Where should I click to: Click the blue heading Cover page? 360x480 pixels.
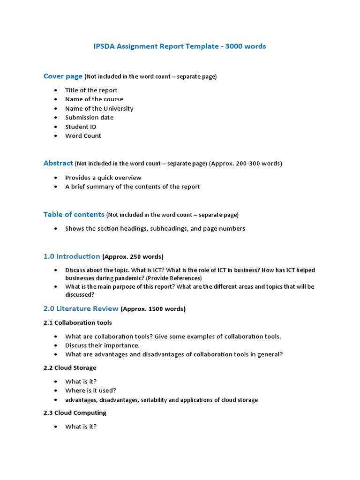point(63,76)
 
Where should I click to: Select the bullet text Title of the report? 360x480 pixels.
point(91,90)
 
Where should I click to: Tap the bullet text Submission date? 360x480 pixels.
point(89,117)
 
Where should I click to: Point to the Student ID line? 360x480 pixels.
point(81,127)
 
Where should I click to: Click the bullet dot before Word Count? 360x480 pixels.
point(57,136)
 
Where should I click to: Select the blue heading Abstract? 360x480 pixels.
point(58,163)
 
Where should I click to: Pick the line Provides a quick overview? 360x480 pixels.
point(103,178)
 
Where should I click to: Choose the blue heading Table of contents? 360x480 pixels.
point(74,215)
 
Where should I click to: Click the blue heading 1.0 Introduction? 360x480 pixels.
point(72,256)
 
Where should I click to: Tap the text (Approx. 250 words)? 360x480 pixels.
point(133,257)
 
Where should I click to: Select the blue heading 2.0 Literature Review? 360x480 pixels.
point(81,309)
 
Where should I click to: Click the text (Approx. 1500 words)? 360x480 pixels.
point(153,309)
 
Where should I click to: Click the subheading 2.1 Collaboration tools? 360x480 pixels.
point(78,323)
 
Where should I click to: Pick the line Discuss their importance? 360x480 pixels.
point(102,345)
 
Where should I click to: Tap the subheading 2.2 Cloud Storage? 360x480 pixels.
point(70,368)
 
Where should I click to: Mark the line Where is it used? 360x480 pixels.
point(90,390)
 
